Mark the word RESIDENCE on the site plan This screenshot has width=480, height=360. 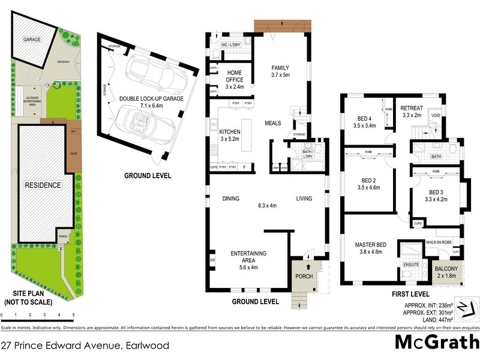tap(43, 185)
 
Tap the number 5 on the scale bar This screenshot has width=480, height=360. tap(73, 314)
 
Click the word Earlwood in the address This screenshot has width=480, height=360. tap(147, 346)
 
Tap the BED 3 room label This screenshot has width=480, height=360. tap(436, 196)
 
